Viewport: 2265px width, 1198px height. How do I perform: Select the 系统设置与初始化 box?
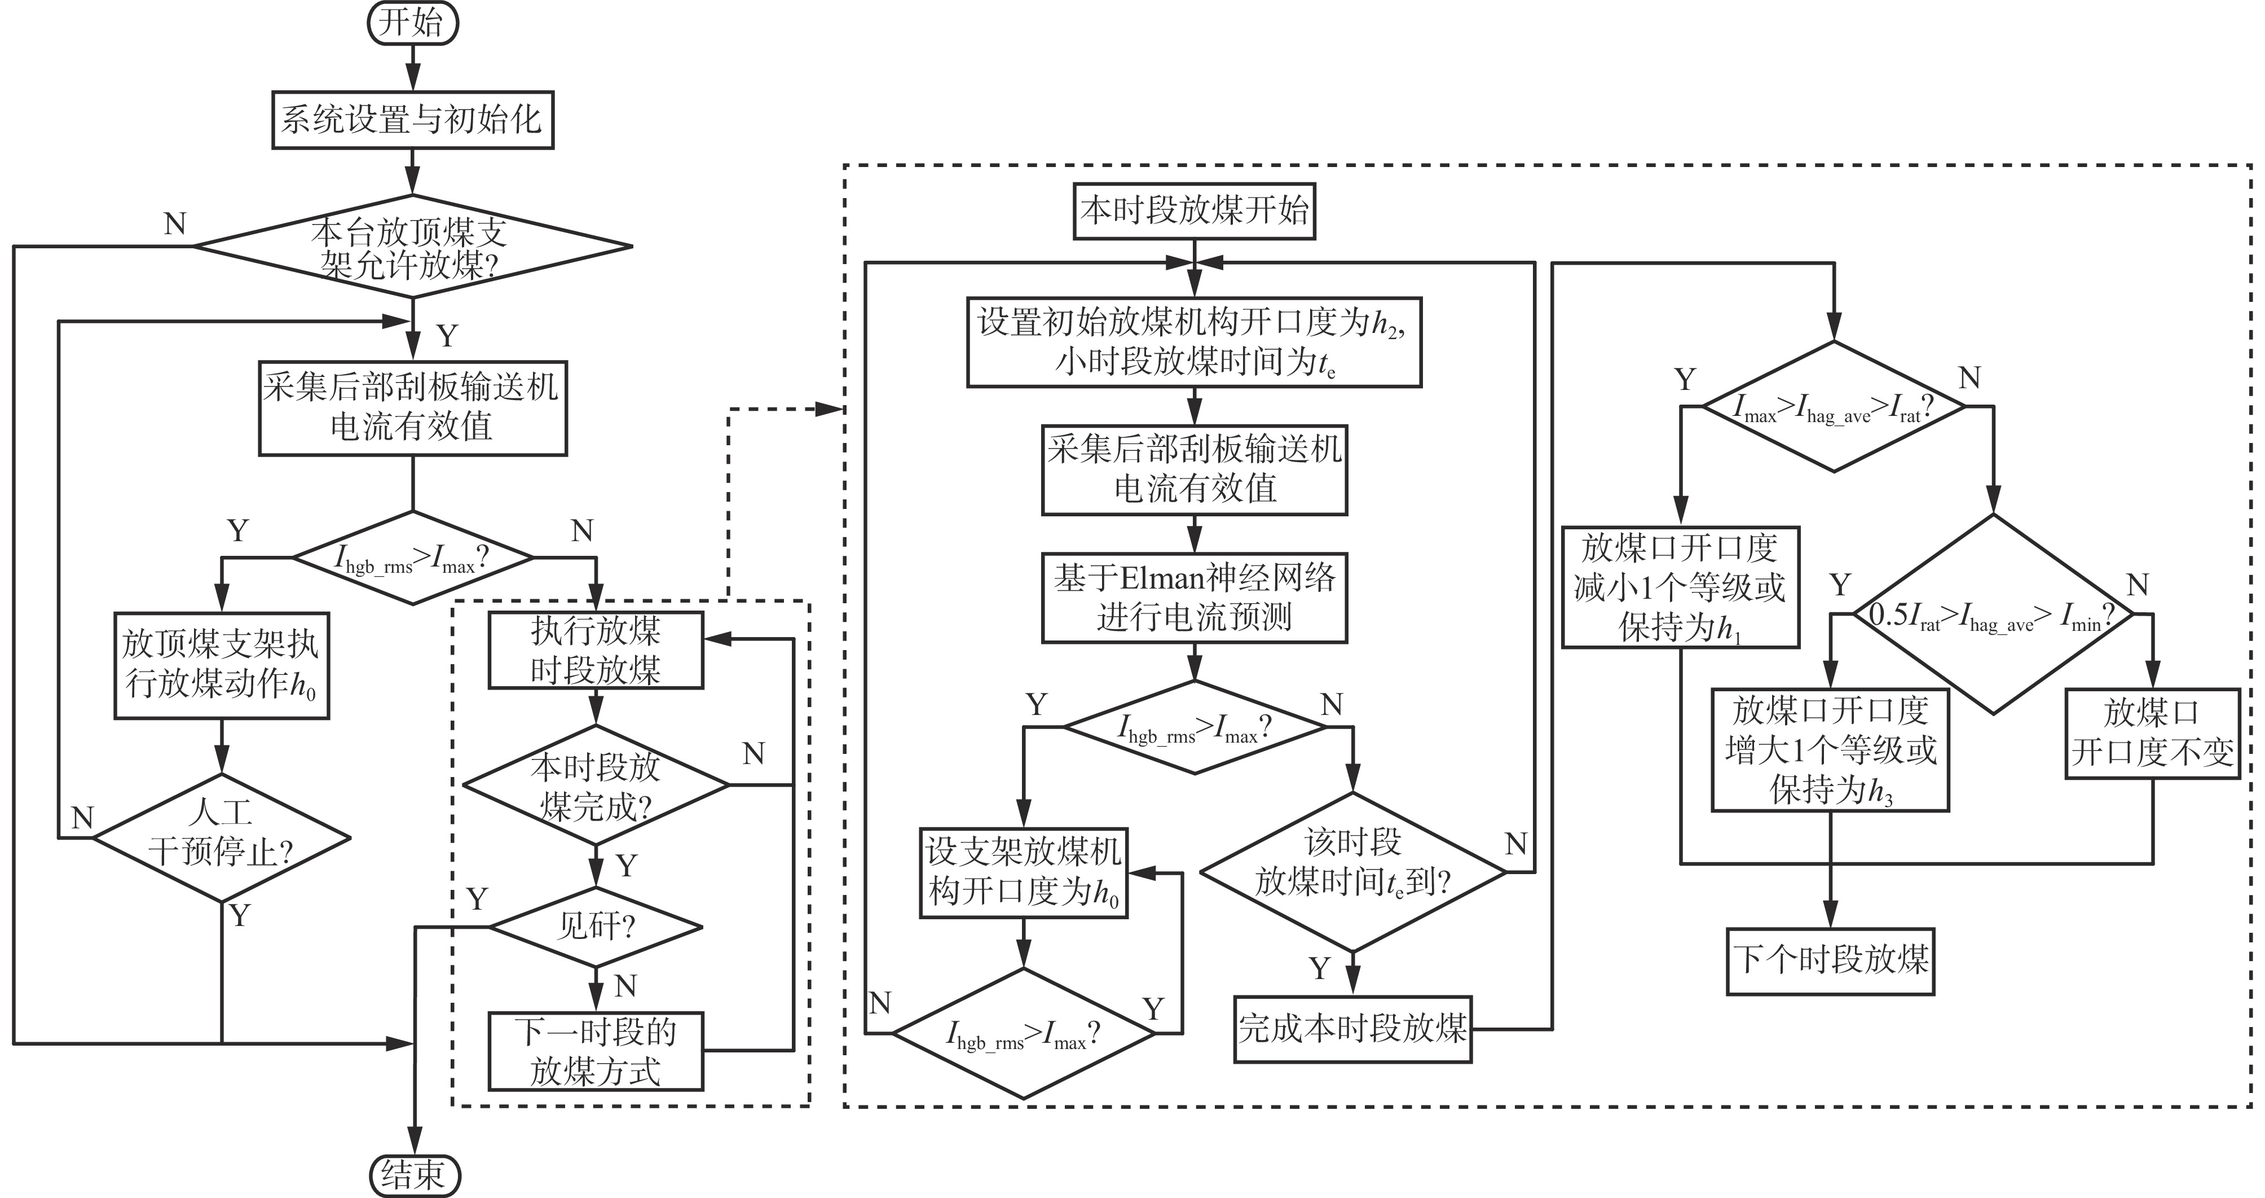[412, 120]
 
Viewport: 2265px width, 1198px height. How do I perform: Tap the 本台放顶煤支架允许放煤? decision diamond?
[412, 247]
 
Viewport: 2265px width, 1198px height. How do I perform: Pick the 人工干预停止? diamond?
[222, 837]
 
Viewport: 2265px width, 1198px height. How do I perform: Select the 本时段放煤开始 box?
[1194, 211]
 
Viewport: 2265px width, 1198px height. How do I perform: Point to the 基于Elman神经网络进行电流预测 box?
[1194, 597]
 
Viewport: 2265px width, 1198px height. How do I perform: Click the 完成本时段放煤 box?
[1352, 1029]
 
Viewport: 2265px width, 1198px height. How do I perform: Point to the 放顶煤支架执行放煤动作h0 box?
[222, 666]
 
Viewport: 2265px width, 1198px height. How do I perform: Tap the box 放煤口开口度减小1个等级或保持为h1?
[1680, 587]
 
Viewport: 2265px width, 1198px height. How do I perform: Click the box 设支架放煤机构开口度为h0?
[1024, 872]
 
